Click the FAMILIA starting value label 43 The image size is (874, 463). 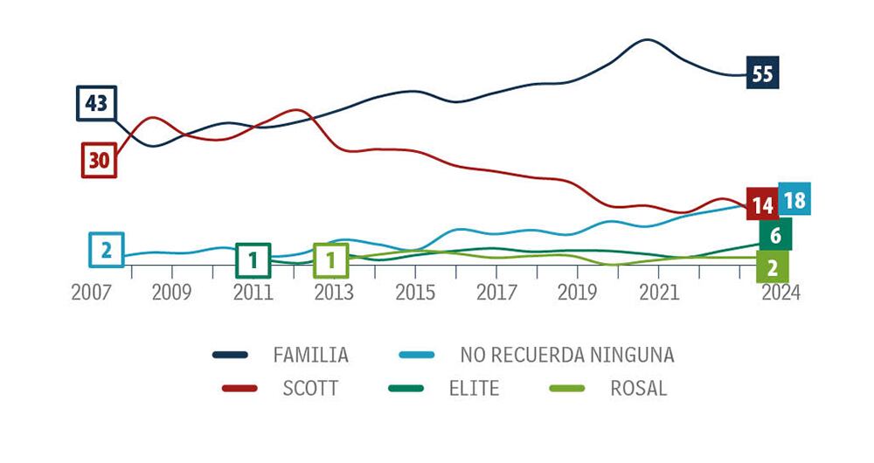(x=96, y=104)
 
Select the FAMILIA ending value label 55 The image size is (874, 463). (x=762, y=74)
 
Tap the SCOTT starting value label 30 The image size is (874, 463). (x=99, y=160)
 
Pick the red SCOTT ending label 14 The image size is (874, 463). (x=762, y=205)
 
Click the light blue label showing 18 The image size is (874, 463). (x=794, y=200)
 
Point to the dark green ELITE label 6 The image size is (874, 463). (x=774, y=234)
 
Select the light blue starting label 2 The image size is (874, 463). (x=107, y=251)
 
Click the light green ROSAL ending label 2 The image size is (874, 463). (x=773, y=267)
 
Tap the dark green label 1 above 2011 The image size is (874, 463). (x=253, y=259)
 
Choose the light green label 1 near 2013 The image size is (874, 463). (x=331, y=259)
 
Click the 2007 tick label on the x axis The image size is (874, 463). (x=92, y=294)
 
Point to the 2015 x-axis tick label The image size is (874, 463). (x=415, y=294)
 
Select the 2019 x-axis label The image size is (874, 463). (x=577, y=294)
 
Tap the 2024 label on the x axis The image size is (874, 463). (x=780, y=294)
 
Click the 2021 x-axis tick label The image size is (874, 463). (x=658, y=294)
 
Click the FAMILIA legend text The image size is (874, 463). (x=310, y=356)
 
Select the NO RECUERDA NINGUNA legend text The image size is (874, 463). (x=567, y=356)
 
